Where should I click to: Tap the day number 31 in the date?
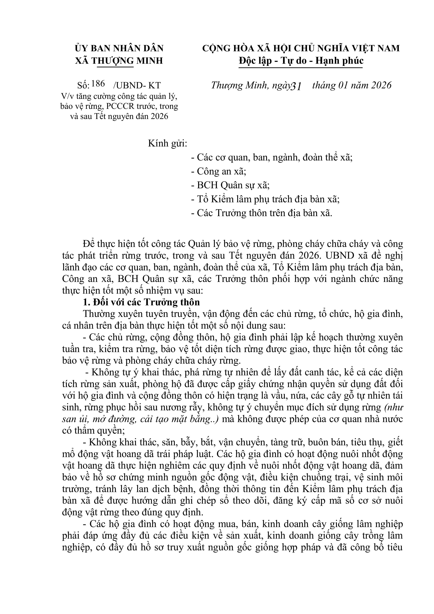tap(297, 86)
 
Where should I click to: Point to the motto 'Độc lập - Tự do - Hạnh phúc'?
tap(301, 61)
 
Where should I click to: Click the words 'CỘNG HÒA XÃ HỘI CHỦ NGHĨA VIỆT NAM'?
tap(301, 48)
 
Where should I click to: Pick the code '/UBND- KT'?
tap(137, 85)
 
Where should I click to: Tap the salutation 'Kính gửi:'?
tap(168, 144)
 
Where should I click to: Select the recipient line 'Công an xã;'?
tap(218, 171)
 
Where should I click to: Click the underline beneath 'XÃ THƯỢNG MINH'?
tap(115, 67)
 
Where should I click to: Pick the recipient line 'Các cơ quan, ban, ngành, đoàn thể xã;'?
tap(272, 157)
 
